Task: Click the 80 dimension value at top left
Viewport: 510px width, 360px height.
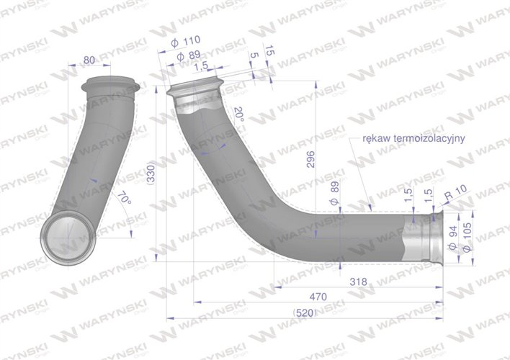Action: (x=89, y=60)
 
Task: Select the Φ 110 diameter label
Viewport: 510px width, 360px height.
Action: (x=185, y=42)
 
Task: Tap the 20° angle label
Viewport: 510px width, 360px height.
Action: (x=239, y=114)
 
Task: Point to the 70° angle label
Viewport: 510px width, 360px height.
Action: (x=124, y=198)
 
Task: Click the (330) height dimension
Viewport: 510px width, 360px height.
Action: (x=151, y=173)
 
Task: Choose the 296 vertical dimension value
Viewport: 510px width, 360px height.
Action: (x=310, y=159)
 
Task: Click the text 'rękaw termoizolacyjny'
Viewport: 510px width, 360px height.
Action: (x=413, y=138)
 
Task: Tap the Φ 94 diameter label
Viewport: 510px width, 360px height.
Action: (x=452, y=238)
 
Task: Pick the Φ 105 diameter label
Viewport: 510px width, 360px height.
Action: (x=467, y=237)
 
